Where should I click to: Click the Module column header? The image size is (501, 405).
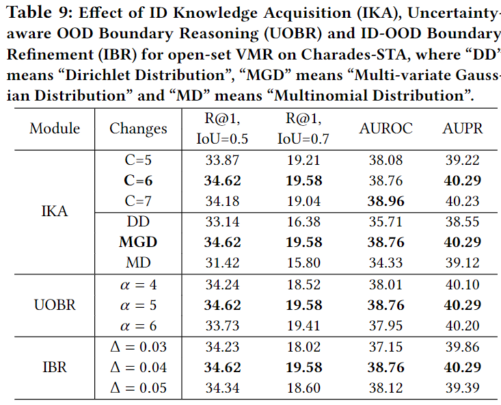55,129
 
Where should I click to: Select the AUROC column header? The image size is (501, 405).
386,129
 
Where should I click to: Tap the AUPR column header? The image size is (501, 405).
462,129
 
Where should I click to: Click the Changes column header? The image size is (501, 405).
138,129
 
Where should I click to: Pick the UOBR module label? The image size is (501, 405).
55,305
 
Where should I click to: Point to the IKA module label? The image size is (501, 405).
55,211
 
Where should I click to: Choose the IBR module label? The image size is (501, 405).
55,367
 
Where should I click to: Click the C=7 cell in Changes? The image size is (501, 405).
138,200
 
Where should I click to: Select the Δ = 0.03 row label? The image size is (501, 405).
138,347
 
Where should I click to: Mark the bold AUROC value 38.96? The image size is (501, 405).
386,201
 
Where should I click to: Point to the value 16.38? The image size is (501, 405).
303,222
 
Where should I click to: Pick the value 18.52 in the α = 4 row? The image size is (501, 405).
303,285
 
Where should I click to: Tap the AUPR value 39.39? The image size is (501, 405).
462,388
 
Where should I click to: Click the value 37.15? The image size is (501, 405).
386,347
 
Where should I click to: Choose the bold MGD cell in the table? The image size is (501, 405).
138,242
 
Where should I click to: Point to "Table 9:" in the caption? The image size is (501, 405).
36,12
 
